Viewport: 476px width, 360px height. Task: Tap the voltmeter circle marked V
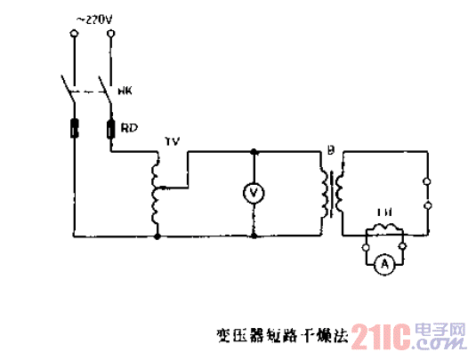(254, 192)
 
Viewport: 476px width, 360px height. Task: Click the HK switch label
(125, 88)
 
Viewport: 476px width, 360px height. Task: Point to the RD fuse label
(128, 129)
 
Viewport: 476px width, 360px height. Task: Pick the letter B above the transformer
(331, 152)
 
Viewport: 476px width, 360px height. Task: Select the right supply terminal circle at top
(111, 35)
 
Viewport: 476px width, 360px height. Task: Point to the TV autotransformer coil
(157, 191)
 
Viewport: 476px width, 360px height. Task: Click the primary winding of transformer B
(322, 192)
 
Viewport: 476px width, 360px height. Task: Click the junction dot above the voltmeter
(254, 152)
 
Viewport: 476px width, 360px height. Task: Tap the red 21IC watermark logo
(381, 336)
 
